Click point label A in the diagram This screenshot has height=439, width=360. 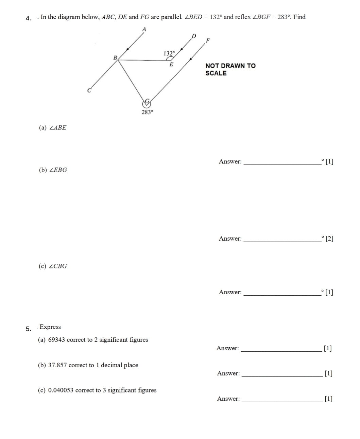point(144,30)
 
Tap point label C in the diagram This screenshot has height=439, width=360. point(89,90)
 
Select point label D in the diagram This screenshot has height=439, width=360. point(194,36)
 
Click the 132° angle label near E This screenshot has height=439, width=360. point(169,53)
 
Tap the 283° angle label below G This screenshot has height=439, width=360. point(148,112)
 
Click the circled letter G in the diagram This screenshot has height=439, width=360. point(147,102)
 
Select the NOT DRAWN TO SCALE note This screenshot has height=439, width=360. point(230,69)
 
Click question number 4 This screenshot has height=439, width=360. point(29,18)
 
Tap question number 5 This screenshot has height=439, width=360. point(29,329)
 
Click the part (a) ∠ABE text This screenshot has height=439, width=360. point(53,128)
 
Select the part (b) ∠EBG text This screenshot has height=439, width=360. point(53,170)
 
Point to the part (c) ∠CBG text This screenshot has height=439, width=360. point(53,266)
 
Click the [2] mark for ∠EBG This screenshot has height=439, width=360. point(329,239)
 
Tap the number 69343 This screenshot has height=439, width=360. point(57,340)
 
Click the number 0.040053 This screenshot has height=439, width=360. point(61,390)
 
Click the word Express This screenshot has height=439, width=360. point(50,327)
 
